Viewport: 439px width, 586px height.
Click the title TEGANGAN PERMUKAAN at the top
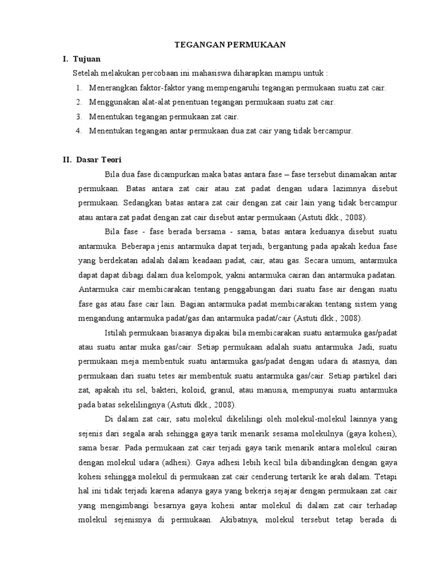221,44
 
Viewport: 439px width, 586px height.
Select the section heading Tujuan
87,59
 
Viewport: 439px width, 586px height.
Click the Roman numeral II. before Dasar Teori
68,160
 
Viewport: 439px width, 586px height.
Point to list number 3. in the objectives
78,116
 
